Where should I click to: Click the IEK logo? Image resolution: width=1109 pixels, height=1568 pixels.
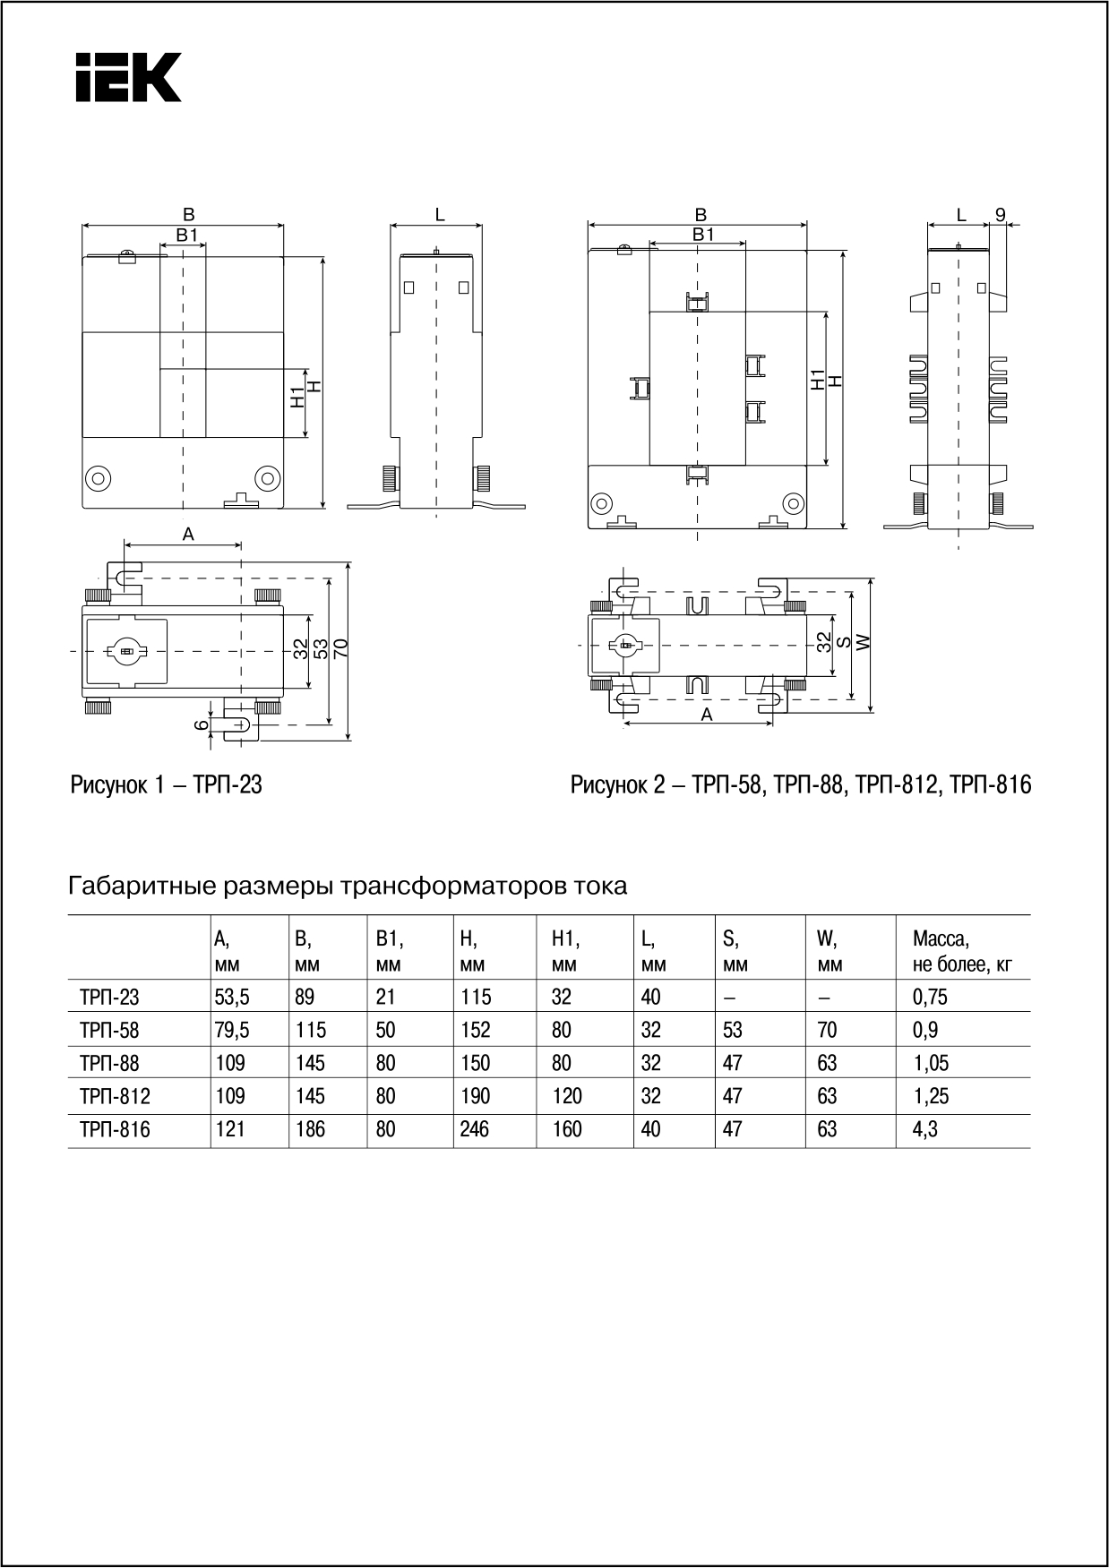128,77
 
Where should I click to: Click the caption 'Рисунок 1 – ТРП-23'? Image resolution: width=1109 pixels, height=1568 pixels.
166,785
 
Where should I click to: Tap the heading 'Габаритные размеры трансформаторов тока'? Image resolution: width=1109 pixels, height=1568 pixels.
348,887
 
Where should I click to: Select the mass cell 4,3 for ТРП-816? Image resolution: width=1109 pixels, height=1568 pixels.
924,1129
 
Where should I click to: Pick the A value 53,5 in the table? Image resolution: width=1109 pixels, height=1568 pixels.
231,997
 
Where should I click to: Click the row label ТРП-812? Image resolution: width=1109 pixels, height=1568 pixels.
115,1096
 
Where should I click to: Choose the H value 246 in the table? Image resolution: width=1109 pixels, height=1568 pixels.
475,1129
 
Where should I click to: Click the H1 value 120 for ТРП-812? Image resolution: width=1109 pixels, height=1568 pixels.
567,1096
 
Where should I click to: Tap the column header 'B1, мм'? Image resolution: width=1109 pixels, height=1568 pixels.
389,951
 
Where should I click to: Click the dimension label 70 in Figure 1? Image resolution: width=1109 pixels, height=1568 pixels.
341,648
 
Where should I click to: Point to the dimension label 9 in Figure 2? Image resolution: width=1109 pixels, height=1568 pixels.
1001,215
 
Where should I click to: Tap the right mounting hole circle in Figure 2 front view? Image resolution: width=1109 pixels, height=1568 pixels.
792,501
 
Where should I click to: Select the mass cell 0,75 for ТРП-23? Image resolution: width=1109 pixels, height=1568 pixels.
930,997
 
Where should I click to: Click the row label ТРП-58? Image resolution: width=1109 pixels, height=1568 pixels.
109,1030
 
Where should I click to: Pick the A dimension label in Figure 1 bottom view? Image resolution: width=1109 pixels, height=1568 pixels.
188,535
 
